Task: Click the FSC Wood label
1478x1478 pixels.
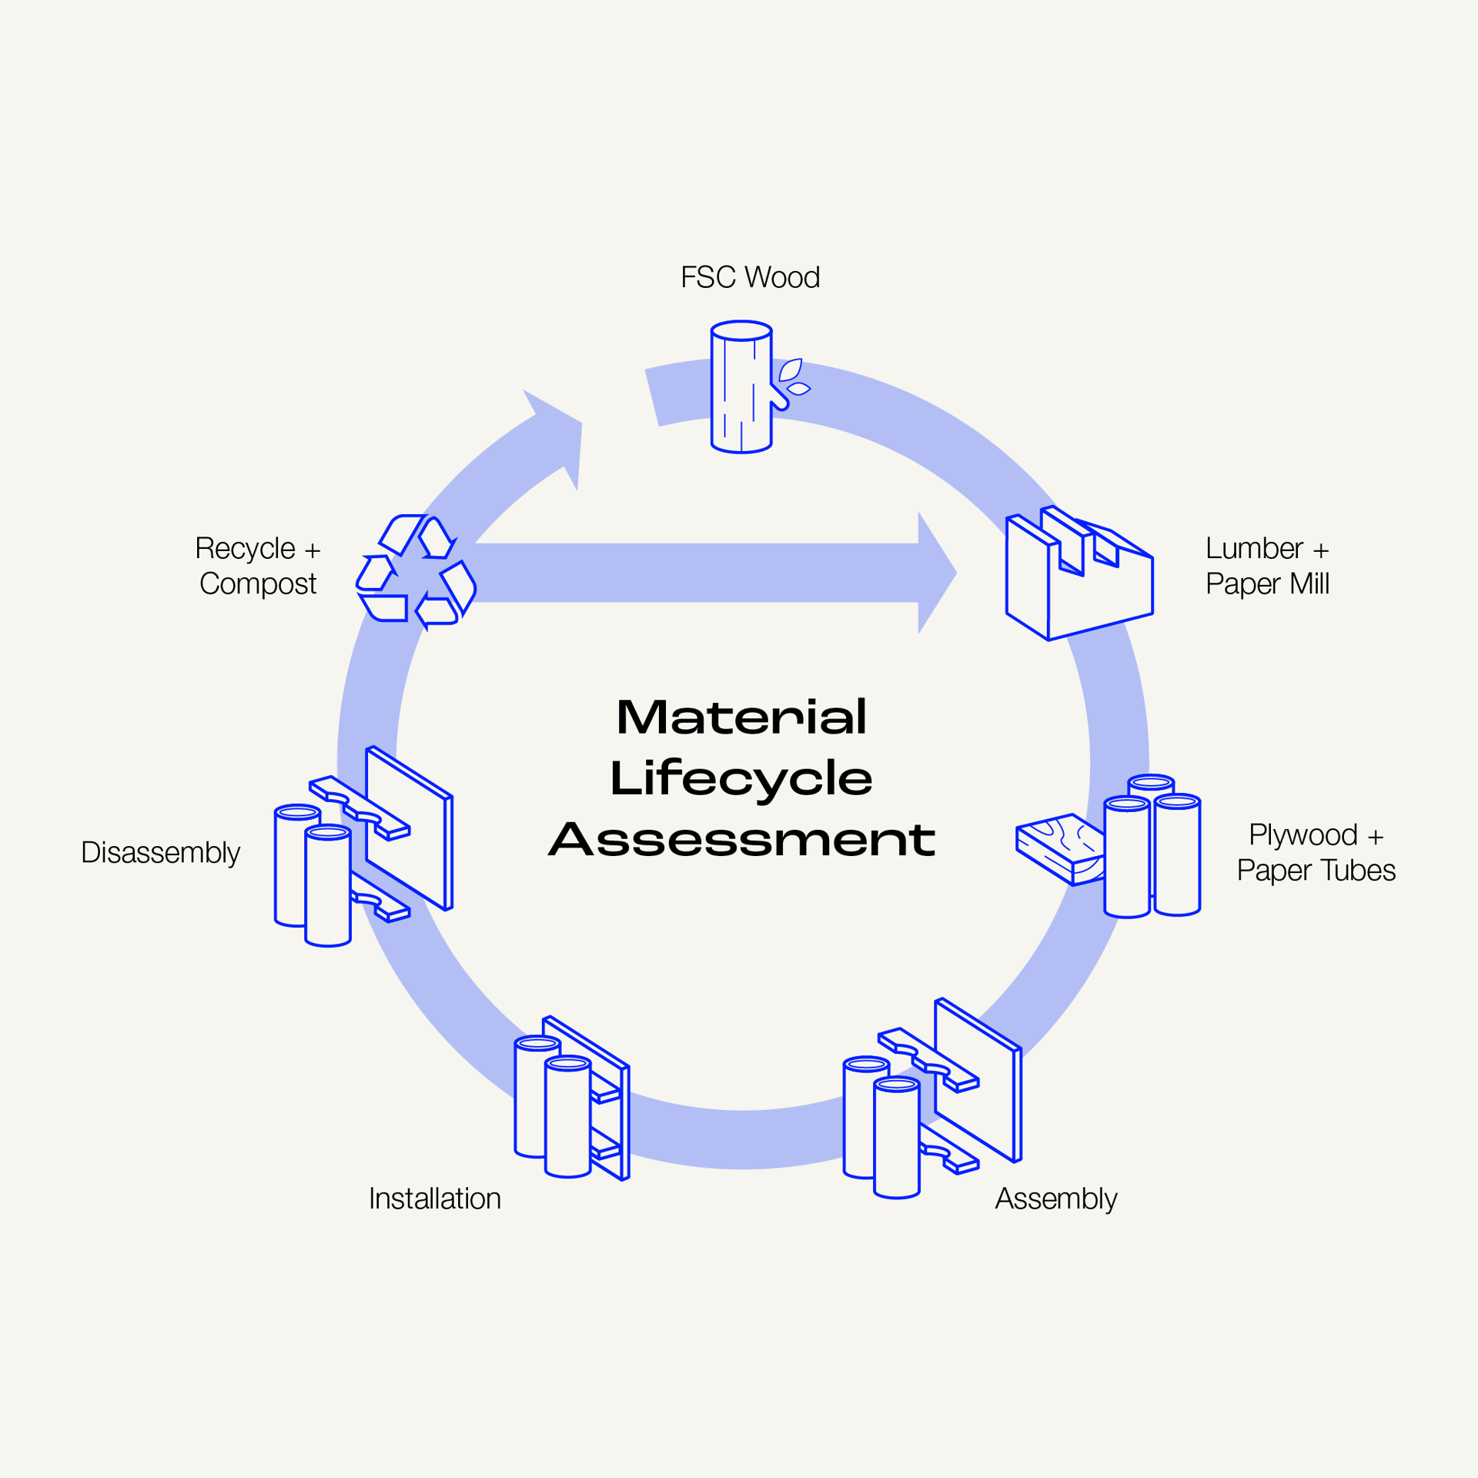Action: pyautogui.click(x=750, y=277)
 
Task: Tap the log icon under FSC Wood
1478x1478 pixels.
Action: pyautogui.click(x=741, y=387)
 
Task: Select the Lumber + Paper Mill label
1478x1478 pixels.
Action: pyautogui.click(x=1267, y=566)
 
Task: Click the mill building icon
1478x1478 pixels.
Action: pyautogui.click(x=1079, y=573)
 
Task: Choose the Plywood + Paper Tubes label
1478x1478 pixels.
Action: pyautogui.click(x=1316, y=852)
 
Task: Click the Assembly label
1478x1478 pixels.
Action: pyautogui.click(x=1055, y=1199)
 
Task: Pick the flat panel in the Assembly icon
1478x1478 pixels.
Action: pyautogui.click(x=978, y=1079)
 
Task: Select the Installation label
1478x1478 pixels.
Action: pyautogui.click(x=435, y=1199)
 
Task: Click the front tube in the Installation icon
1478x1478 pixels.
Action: pyautogui.click(x=568, y=1117)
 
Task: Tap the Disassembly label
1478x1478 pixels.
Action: pyautogui.click(x=161, y=852)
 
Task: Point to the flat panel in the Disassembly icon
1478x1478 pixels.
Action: pyautogui.click(x=410, y=828)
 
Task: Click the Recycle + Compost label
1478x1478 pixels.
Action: pyautogui.click(x=258, y=566)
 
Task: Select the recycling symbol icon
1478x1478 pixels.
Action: pyautogui.click(x=416, y=572)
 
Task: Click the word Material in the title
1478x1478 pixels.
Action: pyautogui.click(x=742, y=717)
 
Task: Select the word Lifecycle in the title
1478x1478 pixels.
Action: pyautogui.click(x=741, y=779)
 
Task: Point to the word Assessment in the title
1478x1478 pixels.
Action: pyautogui.click(x=742, y=839)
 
